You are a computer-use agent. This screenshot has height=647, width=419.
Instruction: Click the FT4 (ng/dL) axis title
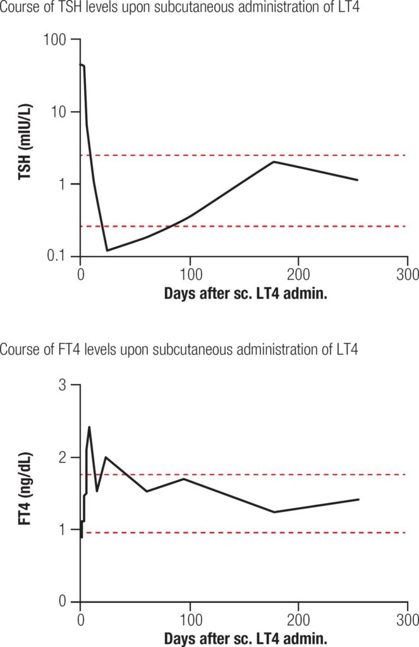click(x=25, y=492)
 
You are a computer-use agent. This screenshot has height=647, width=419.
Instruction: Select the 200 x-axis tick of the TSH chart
click(x=298, y=274)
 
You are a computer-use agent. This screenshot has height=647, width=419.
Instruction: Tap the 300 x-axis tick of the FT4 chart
click(x=408, y=619)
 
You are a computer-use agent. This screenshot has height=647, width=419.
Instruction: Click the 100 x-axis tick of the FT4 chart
click(x=190, y=619)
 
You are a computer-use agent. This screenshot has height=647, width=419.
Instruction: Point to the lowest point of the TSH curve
click(x=107, y=250)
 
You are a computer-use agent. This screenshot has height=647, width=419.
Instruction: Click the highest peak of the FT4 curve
click(x=89, y=427)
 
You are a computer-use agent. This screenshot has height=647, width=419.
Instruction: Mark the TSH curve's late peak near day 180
click(x=274, y=162)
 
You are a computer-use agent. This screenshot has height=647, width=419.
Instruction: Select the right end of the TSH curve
click(x=358, y=180)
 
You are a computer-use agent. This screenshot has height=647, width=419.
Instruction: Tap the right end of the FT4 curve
click(x=359, y=499)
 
